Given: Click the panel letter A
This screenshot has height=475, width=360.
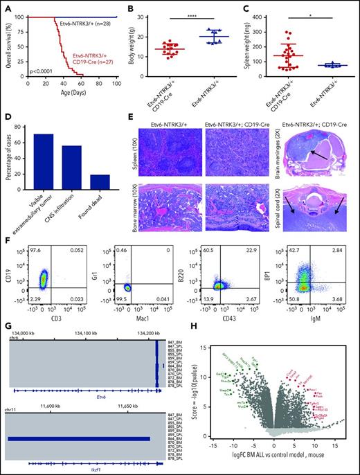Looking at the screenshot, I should (x=6, y=6).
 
